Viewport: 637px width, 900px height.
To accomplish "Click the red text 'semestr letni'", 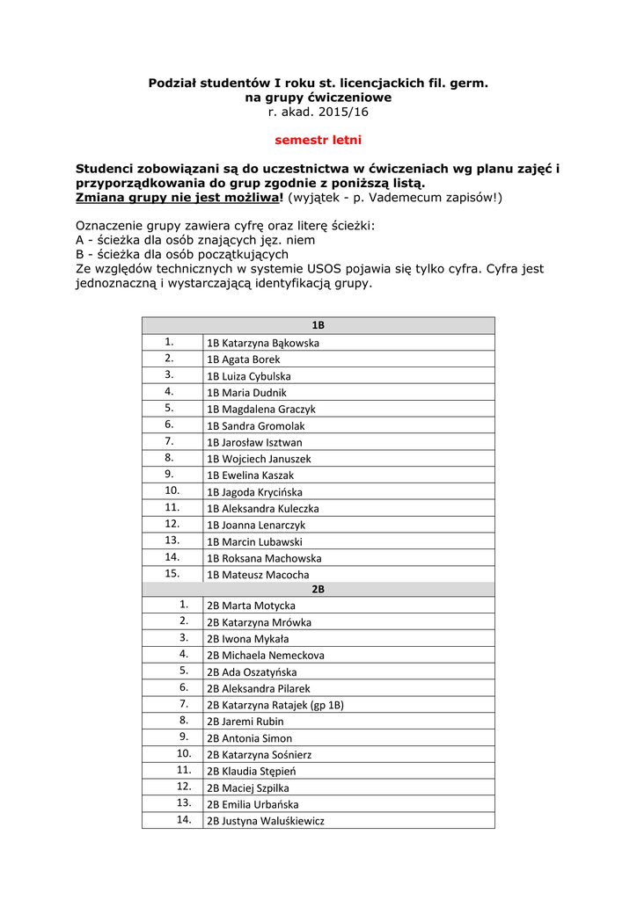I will (x=318, y=140).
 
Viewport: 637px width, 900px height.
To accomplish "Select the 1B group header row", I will (x=318, y=325).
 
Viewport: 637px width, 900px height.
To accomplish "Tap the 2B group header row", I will (x=318, y=590).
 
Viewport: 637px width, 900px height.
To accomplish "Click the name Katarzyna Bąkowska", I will (x=263, y=343).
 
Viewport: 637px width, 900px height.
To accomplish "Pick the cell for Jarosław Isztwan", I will (x=254, y=443).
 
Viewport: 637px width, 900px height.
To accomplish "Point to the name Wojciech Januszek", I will (x=259, y=459).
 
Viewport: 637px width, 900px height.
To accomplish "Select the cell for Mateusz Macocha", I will (x=258, y=575).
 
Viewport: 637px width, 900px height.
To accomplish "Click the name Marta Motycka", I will (x=251, y=606).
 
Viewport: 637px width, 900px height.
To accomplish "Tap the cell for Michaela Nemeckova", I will (x=265, y=656).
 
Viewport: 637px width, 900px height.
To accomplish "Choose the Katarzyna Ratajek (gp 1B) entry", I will (x=275, y=705).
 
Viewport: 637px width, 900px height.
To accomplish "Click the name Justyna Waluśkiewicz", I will (x=265, y=821).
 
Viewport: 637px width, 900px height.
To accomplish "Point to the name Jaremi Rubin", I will (x=245, y=722).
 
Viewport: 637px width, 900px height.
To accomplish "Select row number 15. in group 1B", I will (x=172, y=573).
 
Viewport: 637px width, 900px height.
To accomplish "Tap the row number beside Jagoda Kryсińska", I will (x=172, y=490).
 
